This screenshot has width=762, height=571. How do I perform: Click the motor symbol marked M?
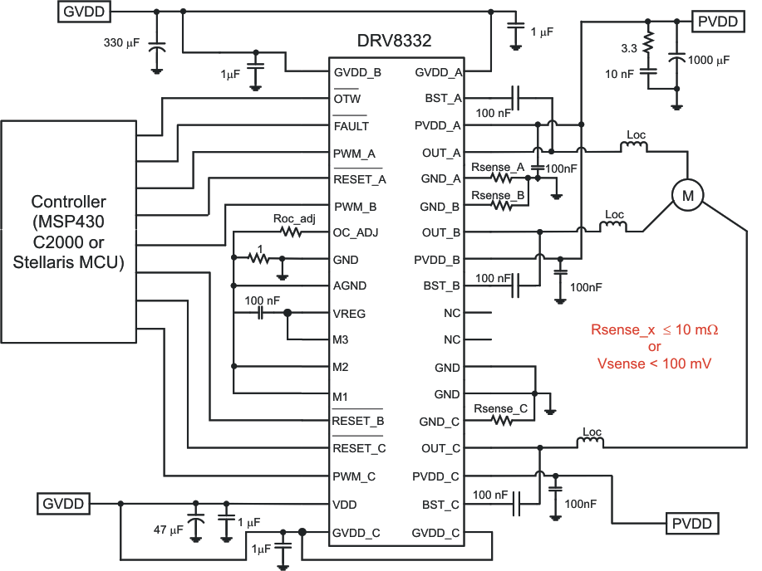pyautogui.click(x=687, y=194)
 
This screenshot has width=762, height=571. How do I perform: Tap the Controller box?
pyautogui.click(x=68, y=232)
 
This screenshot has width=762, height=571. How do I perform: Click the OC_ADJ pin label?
pyautogui.click(x=356, y=232)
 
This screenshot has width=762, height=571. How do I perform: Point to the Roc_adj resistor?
pyautogui.click(x=290, y=233)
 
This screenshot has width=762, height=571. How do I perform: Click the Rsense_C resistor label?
pyautogui.click(x=500, y=408)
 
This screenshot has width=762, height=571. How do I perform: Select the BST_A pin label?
pyautogui.click(x=444, y=99)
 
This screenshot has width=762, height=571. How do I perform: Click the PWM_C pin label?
pyautogui.click(x=355, y=476)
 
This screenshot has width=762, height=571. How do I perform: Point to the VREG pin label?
pyautogui.click(x=350, y=314)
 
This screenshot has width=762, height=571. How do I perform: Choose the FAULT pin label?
pyautogui.click(x=351, y=126)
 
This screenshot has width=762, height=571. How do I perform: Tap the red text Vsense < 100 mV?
pyautogui.click(x=654, y=363)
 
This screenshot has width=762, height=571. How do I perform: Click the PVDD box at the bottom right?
pyautogui.click(x=693, y=524)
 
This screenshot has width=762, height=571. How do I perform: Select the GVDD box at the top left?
pyautogui.click(x=83, y=12)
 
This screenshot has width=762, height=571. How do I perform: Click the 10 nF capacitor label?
pyautogui.click(x=621, y=75)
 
